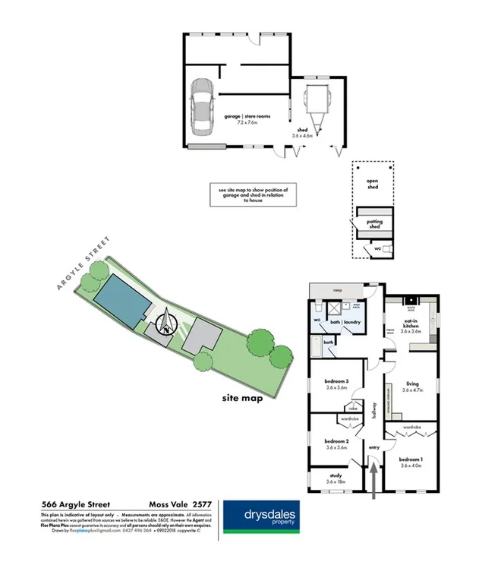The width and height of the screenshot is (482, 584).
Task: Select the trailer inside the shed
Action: [313, 103]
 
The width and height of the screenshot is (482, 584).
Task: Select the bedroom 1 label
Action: [411, 459]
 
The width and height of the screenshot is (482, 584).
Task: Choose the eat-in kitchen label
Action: [411, 325]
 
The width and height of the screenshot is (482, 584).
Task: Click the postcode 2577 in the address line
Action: [200, 504]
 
